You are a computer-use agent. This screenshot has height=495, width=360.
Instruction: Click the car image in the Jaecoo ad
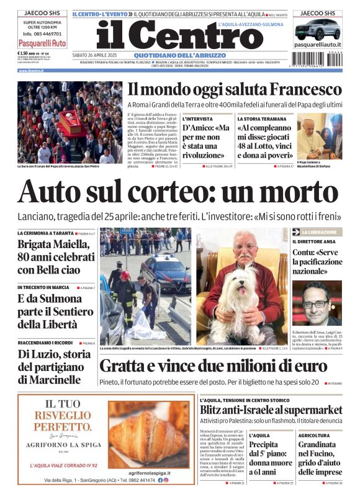(x=317, y=29)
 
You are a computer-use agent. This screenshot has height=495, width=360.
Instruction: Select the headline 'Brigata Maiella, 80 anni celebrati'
(x=53, y=257)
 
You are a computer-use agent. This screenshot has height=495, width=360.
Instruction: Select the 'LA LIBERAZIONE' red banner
(x=316, y=232)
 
